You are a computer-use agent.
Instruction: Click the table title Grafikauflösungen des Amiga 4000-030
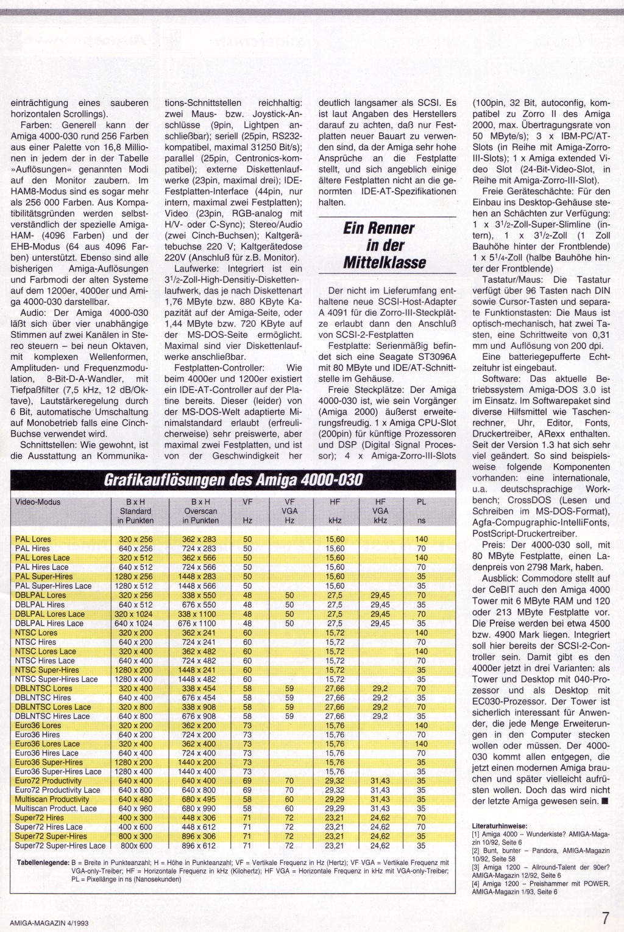pyautogui.click(x=233, y=481)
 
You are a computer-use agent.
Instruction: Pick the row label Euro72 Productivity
pyautogui.click(x=48, y=780)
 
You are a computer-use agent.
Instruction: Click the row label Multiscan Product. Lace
pyautogui.click(x=56, y=808)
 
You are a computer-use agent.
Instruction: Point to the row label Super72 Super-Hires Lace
pyautogui.click(x=60, y=846)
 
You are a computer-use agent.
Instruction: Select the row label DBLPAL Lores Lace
pyautogui.click(x=50, y=614)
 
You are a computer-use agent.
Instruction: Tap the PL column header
pyautogui.click(x=421, y=503)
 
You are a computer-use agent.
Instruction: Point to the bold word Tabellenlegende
pyautogui.click(x=41, y=862)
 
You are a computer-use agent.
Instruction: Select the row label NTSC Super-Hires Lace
pyautogui.click(x=56, y=679)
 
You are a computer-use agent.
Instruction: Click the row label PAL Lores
pyautogui.click(x=33, y=539)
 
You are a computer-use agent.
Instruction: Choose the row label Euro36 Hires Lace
pyautogui.click(x=47, y=753)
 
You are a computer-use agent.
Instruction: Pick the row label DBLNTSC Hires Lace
pyautogui.click(x=52, y=716)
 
